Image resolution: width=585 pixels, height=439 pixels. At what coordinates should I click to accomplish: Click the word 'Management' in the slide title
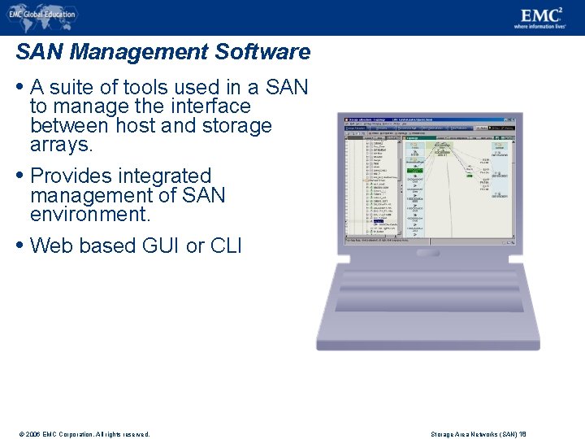(139, 53)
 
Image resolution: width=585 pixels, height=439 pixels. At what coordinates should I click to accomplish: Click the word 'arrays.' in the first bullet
(62, 146)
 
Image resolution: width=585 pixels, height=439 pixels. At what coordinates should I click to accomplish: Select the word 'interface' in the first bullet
(210, 106)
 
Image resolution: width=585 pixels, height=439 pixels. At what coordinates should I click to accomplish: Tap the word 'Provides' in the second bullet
(68, 176)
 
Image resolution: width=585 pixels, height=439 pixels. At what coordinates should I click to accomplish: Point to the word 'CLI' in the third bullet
(225, 246)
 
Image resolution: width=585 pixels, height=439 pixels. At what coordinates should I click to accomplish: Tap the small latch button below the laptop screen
(428, 254)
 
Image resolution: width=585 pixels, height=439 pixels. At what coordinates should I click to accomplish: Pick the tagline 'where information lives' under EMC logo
(539, 26)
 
